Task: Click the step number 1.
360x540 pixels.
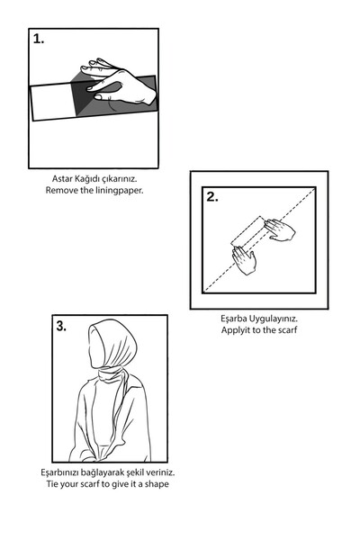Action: (x=39, y=40)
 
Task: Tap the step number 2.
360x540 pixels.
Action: (x=212, y=197)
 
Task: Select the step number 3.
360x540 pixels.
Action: (x=61, y=326)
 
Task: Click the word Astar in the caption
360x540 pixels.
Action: (x=62, y=179)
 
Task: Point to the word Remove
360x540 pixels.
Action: (x=62, y=190)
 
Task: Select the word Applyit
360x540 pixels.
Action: (x=236, y=330)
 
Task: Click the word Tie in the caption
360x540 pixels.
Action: (x=52, y=484)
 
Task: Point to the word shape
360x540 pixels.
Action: (x=157, y=484)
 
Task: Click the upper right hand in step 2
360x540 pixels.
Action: (x=280, y=229)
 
